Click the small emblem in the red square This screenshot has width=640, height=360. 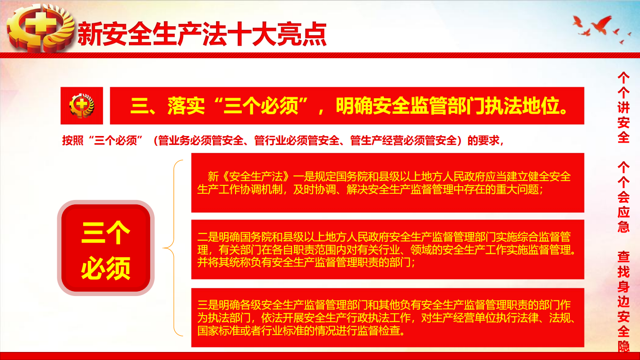pos(82,105)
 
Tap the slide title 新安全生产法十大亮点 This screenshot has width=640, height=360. pos(202,34)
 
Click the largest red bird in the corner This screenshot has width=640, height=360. pos(602,24)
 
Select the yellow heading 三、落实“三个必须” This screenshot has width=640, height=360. pos(219,106)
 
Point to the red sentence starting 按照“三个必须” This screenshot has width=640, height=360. pos(283,140)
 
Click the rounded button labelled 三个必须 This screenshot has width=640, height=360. pos(106,248)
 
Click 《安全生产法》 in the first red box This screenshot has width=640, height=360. pos(256,176)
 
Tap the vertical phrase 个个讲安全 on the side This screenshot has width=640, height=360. pos(624,108)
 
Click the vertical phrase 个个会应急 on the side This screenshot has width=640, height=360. pos(624,197)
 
